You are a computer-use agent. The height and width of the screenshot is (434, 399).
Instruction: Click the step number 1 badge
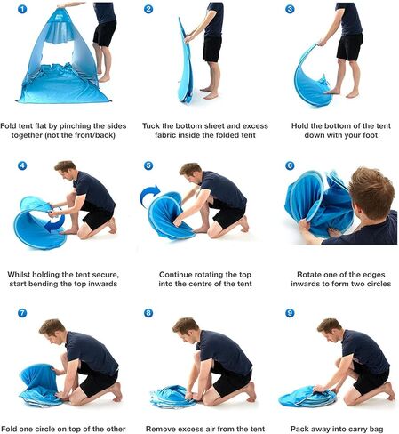(22, 9)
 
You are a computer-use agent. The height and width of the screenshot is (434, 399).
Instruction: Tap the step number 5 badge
(148, 165)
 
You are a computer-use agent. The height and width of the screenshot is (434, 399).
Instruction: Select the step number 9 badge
(290, 313)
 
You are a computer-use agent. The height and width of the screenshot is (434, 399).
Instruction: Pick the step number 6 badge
(290, 165)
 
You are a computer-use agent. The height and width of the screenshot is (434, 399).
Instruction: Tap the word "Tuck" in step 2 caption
(151, 125)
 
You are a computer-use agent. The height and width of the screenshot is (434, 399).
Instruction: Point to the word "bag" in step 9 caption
(377, 429)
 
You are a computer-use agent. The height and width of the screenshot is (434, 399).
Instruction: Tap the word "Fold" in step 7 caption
(9, 429)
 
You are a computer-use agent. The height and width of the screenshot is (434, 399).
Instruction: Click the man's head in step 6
(371, 193)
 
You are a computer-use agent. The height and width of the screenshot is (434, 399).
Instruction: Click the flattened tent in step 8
(171, 396)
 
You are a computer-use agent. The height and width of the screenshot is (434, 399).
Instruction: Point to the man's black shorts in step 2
(212, 48)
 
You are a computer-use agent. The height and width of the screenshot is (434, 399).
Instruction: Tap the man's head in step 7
(53, 332)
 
